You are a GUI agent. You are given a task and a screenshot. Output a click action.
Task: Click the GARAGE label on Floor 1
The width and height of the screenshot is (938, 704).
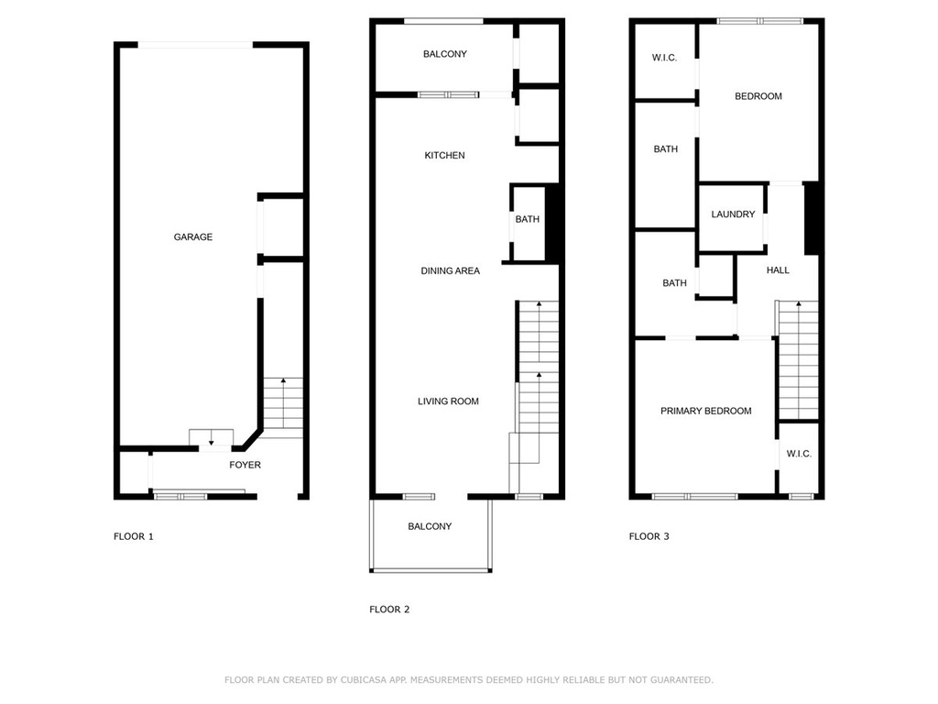coord(192,237)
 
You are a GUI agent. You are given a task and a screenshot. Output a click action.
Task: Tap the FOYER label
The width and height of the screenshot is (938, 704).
coord(245,465)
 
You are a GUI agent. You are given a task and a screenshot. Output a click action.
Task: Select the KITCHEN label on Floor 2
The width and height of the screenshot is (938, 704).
coord(444,156)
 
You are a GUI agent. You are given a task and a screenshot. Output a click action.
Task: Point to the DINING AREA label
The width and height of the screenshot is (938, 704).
coord(450,271)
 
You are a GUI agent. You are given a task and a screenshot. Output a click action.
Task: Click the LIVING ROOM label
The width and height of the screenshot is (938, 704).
coord(448,401)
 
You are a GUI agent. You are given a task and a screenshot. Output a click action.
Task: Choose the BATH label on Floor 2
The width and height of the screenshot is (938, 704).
coord(527,220)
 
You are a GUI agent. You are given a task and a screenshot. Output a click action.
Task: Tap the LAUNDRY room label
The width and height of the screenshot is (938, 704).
coord(733,214)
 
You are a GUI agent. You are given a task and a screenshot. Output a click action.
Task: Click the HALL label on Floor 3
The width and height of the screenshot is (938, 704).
coord(778,270)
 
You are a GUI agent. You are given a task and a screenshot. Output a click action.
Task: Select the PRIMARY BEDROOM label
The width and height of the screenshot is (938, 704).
coord(706,412)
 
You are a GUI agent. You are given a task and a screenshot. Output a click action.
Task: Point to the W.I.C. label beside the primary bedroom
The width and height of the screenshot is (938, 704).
coord(799,454)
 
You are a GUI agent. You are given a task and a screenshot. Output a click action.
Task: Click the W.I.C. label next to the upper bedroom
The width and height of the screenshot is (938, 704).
coord(664,58)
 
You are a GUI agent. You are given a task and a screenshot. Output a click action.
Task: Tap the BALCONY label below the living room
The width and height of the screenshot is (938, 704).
coord(430,527)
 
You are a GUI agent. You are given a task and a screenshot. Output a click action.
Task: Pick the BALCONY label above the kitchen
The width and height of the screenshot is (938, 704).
coord(445,54)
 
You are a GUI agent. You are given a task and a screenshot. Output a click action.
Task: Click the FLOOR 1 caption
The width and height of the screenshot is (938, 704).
coord(134,536)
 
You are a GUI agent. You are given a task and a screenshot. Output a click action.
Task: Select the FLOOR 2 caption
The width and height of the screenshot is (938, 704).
coord(389,610)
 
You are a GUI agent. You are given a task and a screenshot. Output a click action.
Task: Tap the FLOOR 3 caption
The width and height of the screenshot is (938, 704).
coord(649,536)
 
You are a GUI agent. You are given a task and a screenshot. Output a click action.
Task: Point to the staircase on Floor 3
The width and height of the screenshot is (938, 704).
coord(798,359)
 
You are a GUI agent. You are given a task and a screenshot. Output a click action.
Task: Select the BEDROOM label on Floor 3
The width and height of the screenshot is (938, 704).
coord(758,96)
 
